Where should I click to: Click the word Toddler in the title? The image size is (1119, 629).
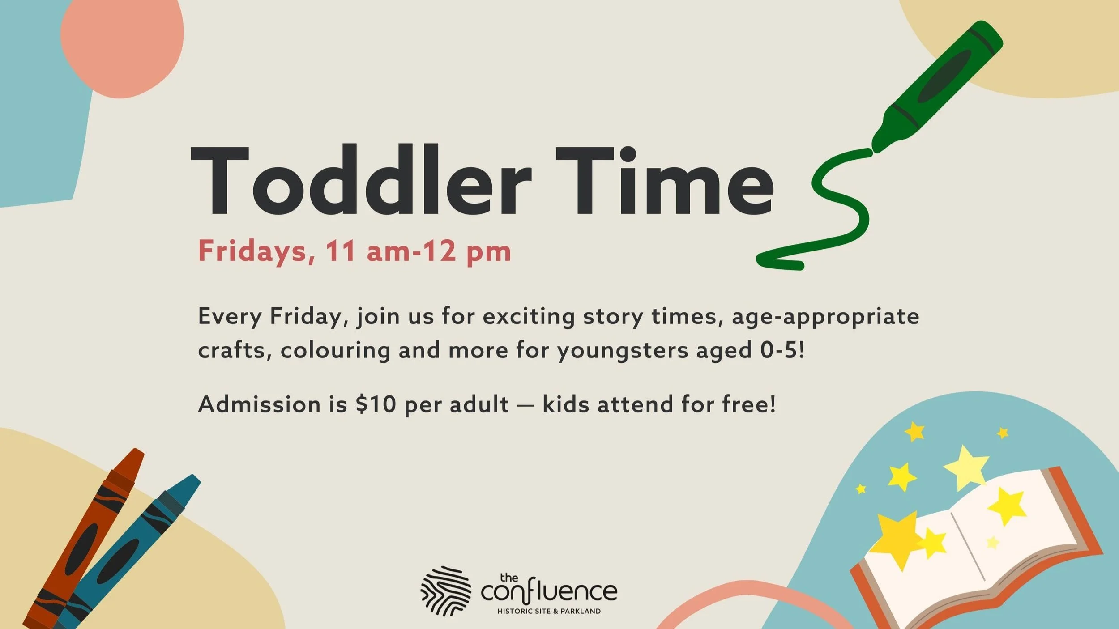pos(360,181)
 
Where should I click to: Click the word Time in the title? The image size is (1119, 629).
pos(665,181)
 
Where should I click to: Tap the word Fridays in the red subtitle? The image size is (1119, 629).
pos(253,251)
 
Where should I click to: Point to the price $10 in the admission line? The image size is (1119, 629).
pos(376,404)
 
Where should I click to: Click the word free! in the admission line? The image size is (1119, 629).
pos(749,404)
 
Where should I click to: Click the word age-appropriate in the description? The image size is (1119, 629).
pos(826,317)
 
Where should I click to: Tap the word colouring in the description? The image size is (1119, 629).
pos(336,350)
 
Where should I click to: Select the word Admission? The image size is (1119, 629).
pos(260,404)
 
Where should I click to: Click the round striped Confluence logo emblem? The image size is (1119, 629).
pos(446,591)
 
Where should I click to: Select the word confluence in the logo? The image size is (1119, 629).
pos(549,591)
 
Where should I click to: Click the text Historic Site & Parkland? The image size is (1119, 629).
pos(549,611)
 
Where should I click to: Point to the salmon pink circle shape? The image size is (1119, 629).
pos(122,45)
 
